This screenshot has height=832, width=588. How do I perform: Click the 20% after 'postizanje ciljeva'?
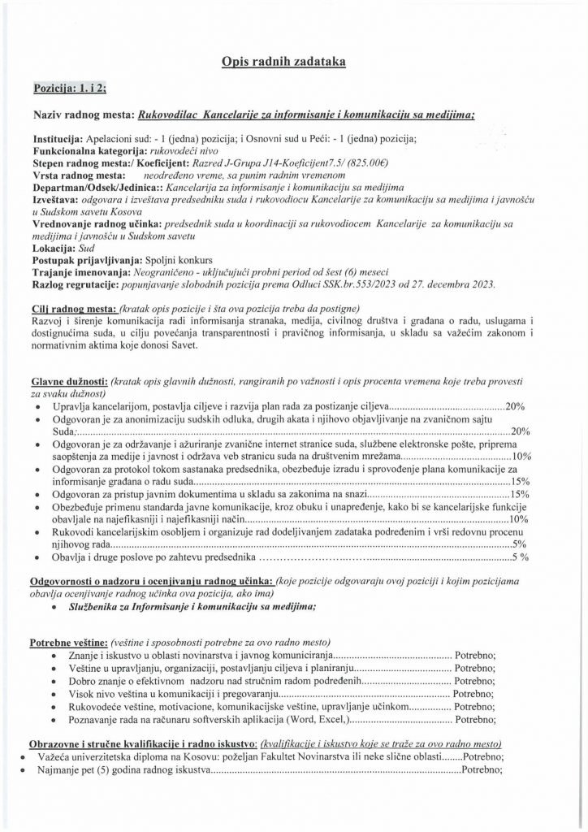pyautogui.click(x=517, y=405)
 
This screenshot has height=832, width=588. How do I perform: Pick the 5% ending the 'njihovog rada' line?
pyautogui.click(x=521, y=544)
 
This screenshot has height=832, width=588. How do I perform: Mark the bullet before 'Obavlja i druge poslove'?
pyautogui.click(x=40, y=557)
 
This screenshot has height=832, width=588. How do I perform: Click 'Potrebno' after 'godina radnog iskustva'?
pyautogui.click(x=482, y=769)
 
